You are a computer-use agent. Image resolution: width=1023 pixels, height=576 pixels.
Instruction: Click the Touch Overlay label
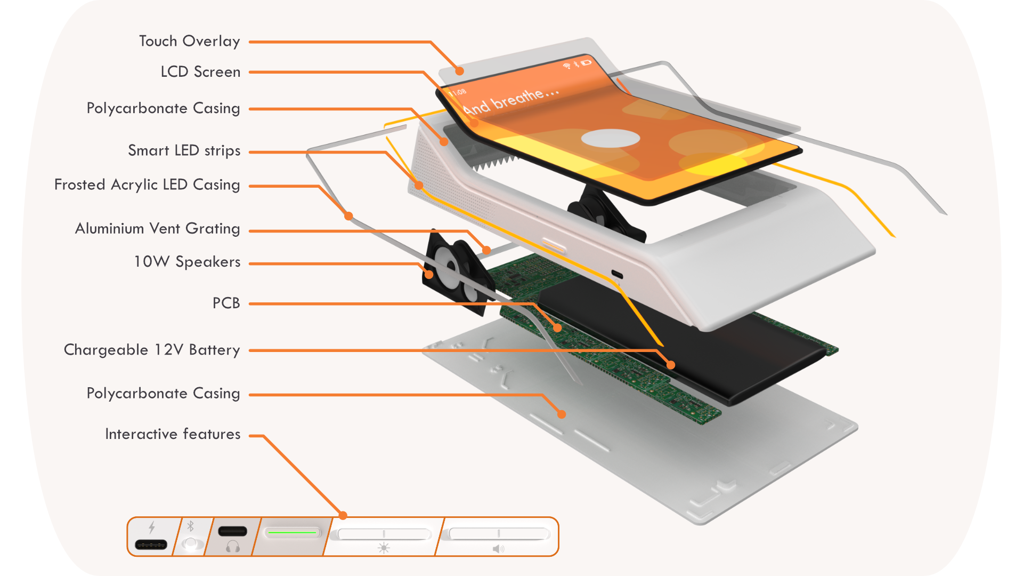pos(189,41)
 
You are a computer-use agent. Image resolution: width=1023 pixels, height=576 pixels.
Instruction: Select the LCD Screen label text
pos(200,71)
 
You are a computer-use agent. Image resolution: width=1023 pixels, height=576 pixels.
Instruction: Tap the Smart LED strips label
pos(184,150)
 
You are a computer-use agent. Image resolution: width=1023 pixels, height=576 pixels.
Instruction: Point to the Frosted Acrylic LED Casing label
pos(147,185)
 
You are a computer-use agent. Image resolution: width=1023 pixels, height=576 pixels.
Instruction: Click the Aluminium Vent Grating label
pos(157,228)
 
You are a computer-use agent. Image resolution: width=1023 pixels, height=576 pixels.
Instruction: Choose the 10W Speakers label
pos(186,261)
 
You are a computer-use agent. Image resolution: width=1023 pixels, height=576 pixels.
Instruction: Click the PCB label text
pos(226,303)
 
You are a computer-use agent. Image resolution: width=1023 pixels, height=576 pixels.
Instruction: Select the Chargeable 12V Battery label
pos(152,350)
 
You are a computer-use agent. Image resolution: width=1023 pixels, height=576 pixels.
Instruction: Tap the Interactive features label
pos(173,434)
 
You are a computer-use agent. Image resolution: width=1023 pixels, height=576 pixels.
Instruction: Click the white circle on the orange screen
pos(610,138)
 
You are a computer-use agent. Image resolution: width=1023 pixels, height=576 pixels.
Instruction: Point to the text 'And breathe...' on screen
pos(510,101)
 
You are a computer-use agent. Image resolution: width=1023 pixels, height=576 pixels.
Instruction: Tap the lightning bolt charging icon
pos(152,527)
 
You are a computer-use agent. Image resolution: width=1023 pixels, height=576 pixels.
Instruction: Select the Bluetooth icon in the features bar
pos(190,526)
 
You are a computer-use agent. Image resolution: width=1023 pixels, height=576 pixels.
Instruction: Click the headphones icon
pos(233,546)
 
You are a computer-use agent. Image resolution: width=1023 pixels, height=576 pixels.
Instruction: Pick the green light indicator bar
pos(293,532)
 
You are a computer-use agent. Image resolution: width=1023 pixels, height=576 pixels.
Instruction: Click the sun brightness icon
pos(384,548)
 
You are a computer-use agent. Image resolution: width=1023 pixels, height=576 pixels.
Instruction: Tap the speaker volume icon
pos(498,549)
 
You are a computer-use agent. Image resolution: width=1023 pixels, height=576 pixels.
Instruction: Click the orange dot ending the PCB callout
pos(557,327)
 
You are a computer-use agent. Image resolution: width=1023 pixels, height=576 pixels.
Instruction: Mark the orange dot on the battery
pos(671,365)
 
